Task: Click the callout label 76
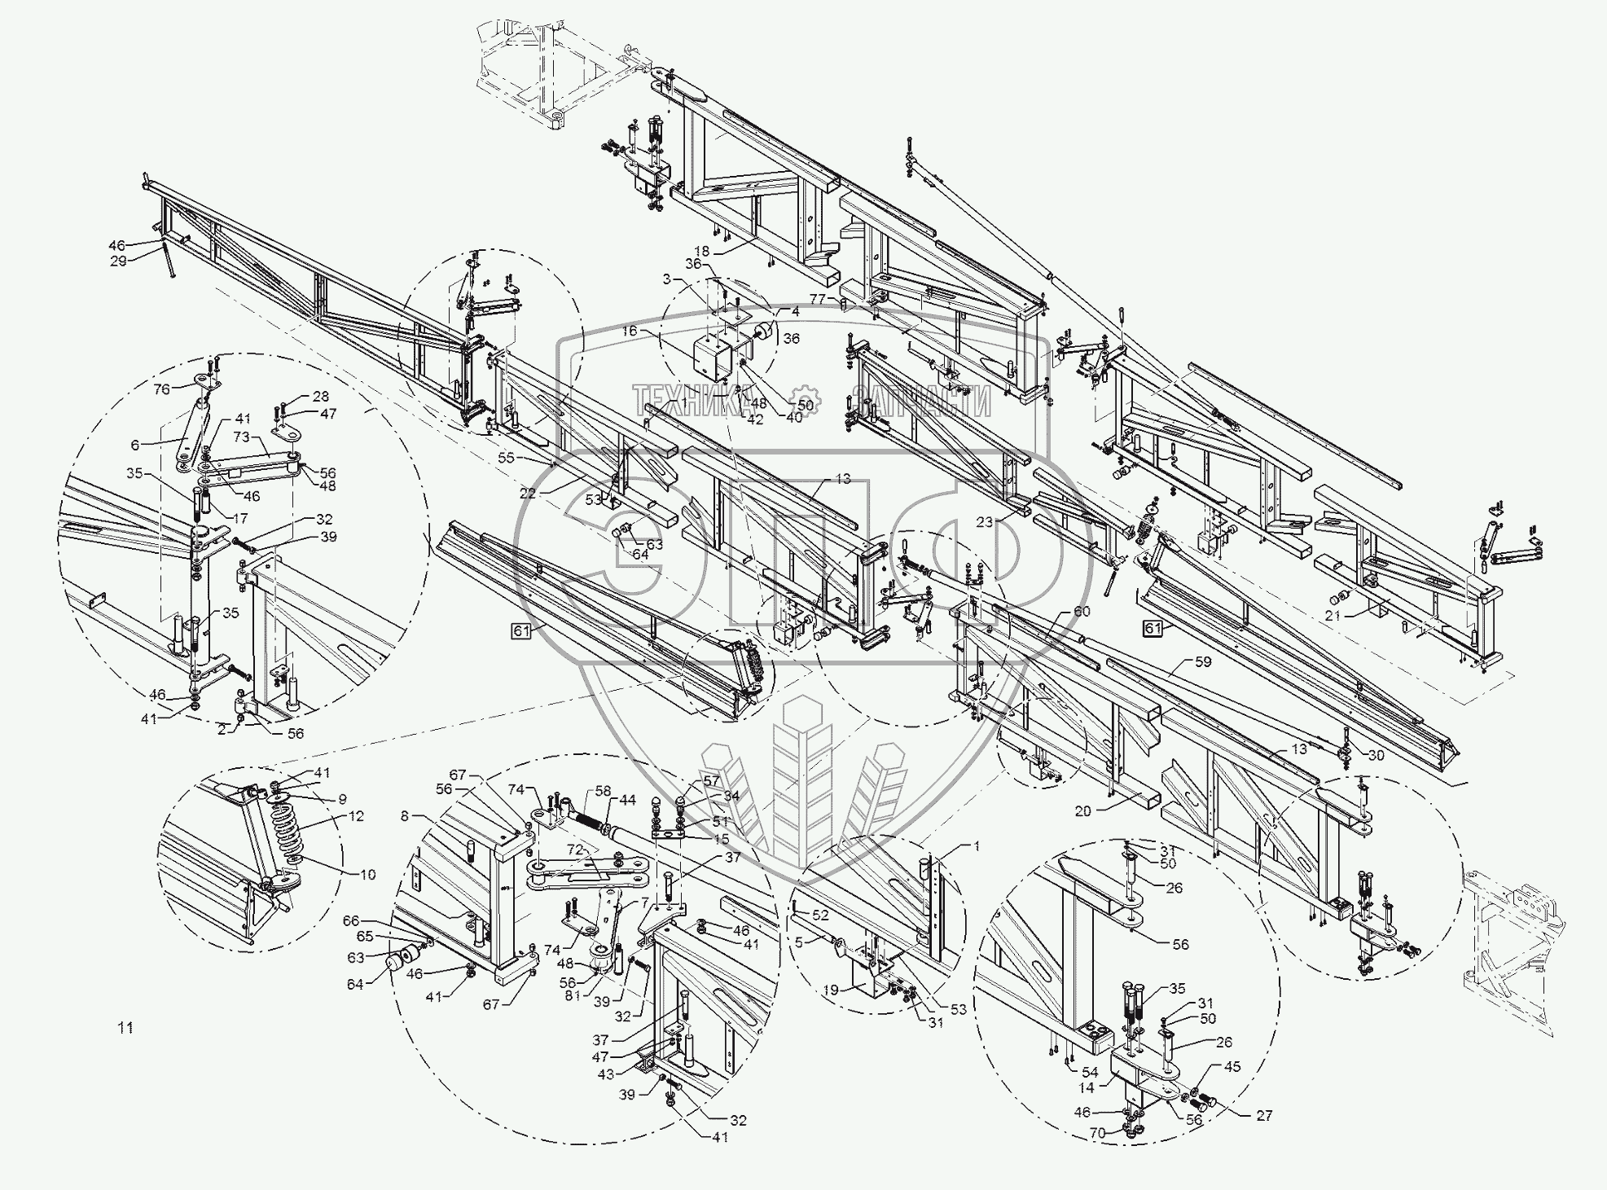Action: pos(162,389)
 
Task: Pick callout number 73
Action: pos(241,438)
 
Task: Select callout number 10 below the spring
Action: pos(367,875)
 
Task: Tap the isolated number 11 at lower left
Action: pos(125,1028)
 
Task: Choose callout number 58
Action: pos(603,790)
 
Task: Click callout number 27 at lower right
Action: pos(1263,1115)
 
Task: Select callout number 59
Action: pos(1203,662)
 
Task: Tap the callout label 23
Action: pos(985,522)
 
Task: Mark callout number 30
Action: pos(1376,755)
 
